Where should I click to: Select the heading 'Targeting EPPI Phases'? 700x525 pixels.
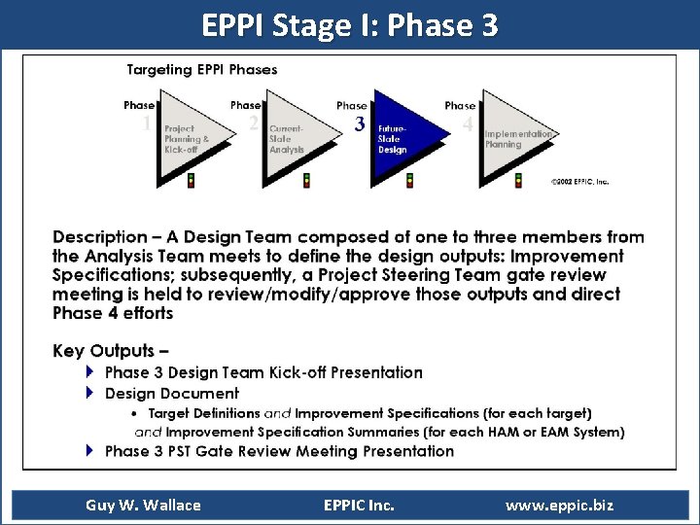(202, 69)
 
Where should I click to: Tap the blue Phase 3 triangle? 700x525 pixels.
(402, 136)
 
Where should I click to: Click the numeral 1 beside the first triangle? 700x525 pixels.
(147, 123)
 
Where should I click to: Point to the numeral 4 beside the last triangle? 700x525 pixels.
(468, 124)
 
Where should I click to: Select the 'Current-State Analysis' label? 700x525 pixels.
(287, 139)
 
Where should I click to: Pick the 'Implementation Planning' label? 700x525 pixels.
(518, 139)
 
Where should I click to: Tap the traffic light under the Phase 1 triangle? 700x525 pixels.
(191, 180)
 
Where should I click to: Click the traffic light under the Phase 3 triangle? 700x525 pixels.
(409, 180)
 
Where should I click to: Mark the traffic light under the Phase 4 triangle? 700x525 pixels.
(518, 180)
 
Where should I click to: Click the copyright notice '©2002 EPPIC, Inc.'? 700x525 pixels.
(579, 182)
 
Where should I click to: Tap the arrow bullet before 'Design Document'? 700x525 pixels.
(90, 393)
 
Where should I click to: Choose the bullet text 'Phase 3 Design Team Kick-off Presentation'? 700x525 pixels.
(263, 372)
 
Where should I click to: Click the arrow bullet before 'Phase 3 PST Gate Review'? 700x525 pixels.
(90, 450)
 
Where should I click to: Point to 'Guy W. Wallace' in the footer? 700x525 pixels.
(143, 505)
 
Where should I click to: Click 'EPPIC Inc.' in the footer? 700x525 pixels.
(358, 505)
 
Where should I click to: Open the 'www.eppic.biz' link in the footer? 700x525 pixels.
(559, 505)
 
